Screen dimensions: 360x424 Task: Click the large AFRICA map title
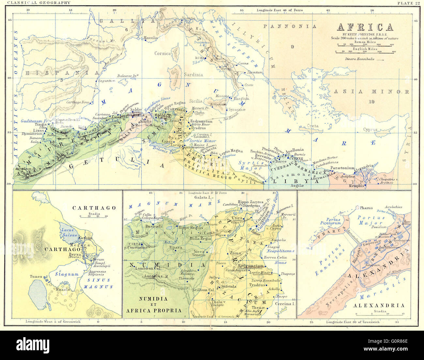365,27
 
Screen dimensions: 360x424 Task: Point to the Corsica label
163,53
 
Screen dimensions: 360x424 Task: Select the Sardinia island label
193,75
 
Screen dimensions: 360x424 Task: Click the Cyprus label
370,129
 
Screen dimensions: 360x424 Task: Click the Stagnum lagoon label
67,274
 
